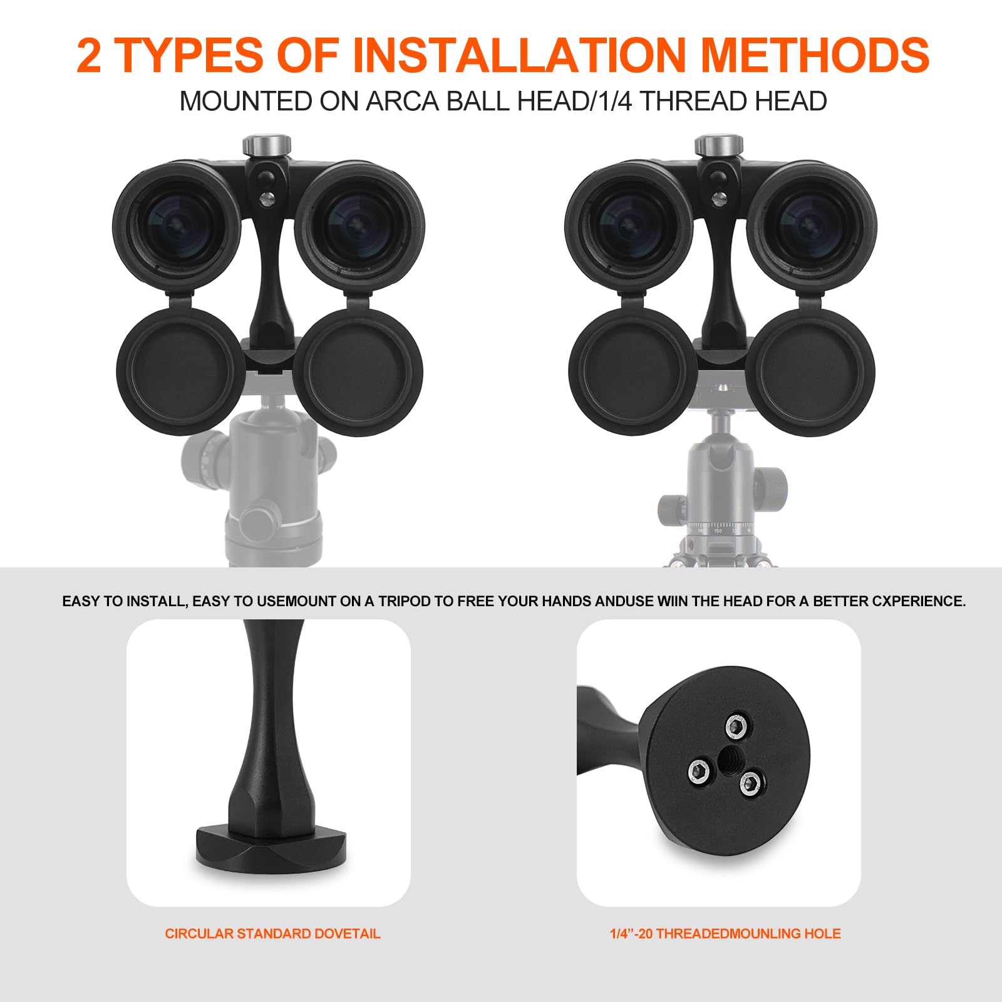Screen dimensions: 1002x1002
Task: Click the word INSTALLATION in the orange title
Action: tap(519, 55)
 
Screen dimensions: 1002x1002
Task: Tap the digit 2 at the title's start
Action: tap(89, 55)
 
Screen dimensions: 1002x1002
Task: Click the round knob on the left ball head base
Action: tap(257, 520)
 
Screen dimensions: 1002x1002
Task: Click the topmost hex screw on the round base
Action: tap(737, 727)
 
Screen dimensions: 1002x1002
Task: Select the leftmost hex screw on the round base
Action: tap(699, 771)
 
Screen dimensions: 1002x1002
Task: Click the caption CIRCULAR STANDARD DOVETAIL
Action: tap(272, 933)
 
